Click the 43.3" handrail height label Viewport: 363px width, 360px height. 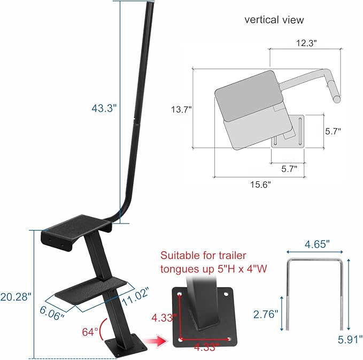[104, 108]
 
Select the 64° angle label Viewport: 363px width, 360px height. [90, 332]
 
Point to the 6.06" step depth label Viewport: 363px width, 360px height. [51, 310]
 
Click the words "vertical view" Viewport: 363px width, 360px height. [274, 20]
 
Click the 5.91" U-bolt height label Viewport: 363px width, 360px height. [350, 339]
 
